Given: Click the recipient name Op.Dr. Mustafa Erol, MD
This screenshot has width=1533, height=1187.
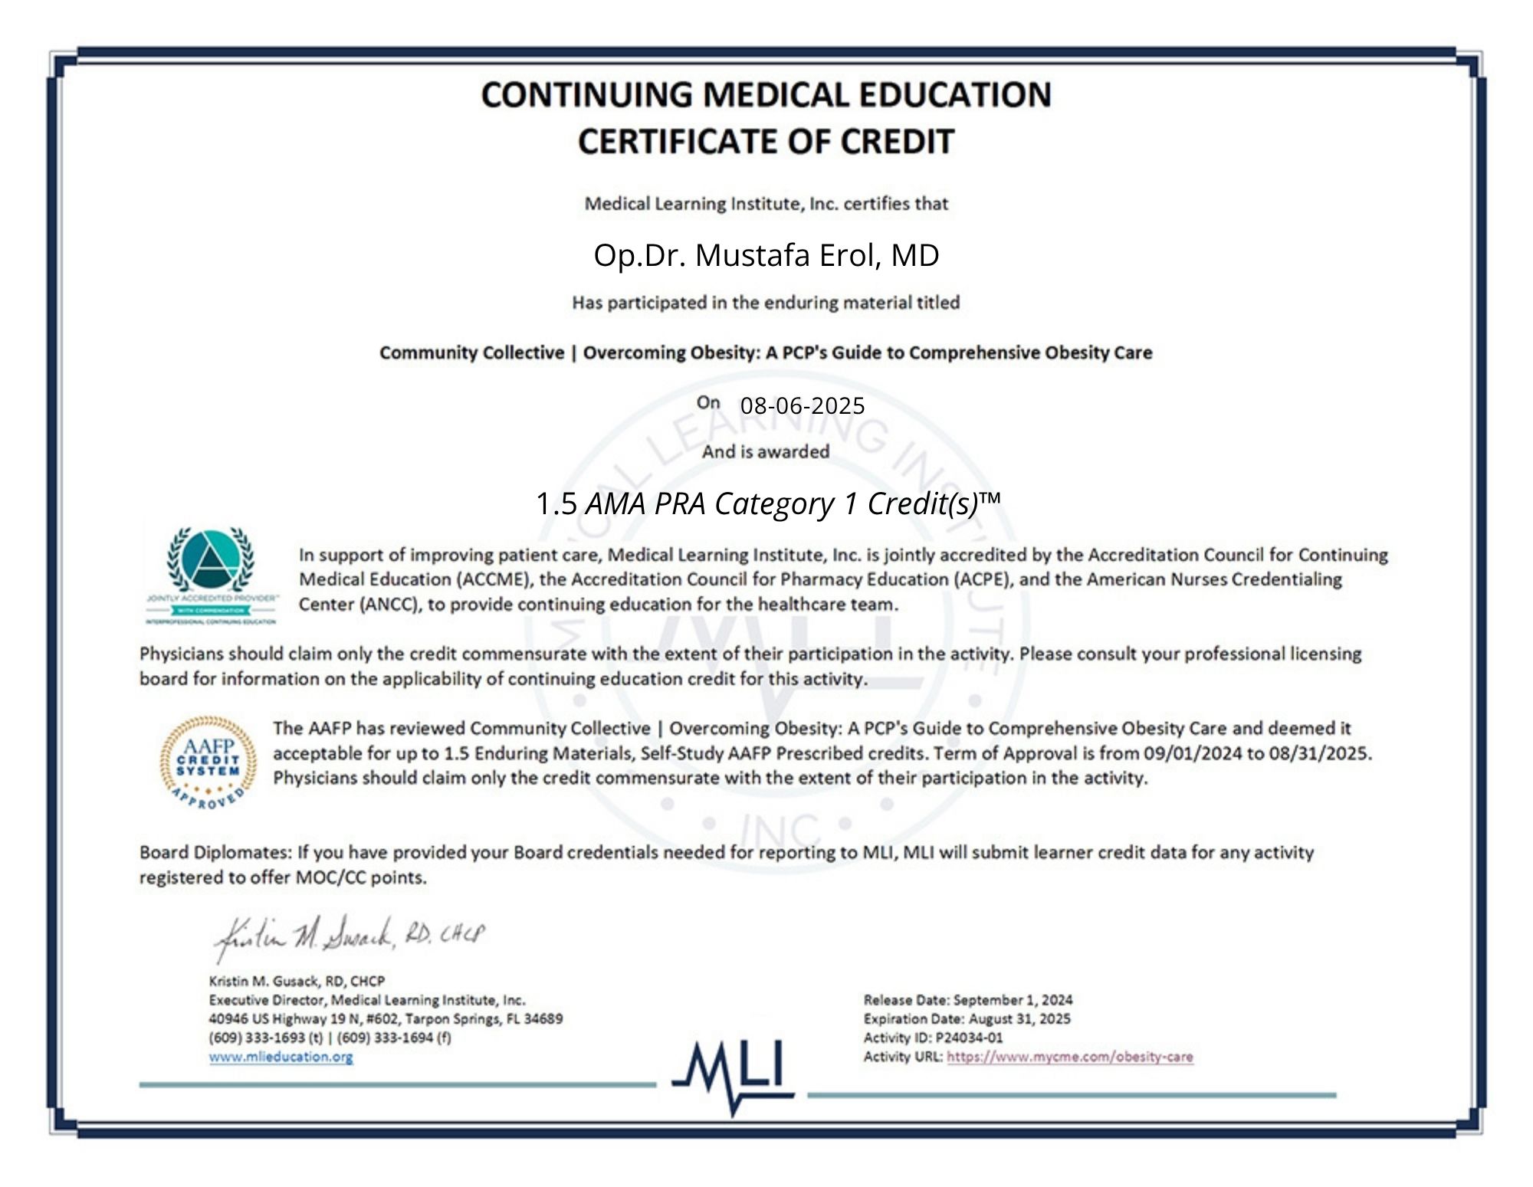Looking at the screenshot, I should tap(766, 255).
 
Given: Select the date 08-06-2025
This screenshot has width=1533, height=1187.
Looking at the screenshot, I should tap(802, 405).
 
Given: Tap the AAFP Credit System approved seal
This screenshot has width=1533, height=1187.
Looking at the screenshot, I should tap(208, 762).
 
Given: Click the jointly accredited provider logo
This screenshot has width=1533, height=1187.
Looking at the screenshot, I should tap(211, 575).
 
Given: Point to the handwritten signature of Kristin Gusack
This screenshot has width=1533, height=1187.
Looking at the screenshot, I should tap(349, 937).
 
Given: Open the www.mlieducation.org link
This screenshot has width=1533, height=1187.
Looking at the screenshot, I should tap(281, 1057).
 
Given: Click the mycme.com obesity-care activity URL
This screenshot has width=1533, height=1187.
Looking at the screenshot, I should tap(1069, 1057).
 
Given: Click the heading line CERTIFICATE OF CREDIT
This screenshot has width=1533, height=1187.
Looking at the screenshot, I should tap(766, 142).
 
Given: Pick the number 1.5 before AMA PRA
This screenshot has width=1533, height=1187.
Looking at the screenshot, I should tap(556, 504).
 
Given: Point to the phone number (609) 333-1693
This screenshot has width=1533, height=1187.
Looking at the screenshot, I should tap(257, 1038).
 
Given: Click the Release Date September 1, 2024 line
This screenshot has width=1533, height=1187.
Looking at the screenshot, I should tap(967, 1000).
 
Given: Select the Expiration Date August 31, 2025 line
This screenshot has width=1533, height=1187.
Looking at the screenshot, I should tap(967, 1019).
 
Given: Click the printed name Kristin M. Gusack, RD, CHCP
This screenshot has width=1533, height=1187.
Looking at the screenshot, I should tap(297, 981).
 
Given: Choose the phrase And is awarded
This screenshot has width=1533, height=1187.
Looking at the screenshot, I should tap(765, 452).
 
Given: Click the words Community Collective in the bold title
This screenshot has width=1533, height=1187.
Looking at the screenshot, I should tap(471, 352).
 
